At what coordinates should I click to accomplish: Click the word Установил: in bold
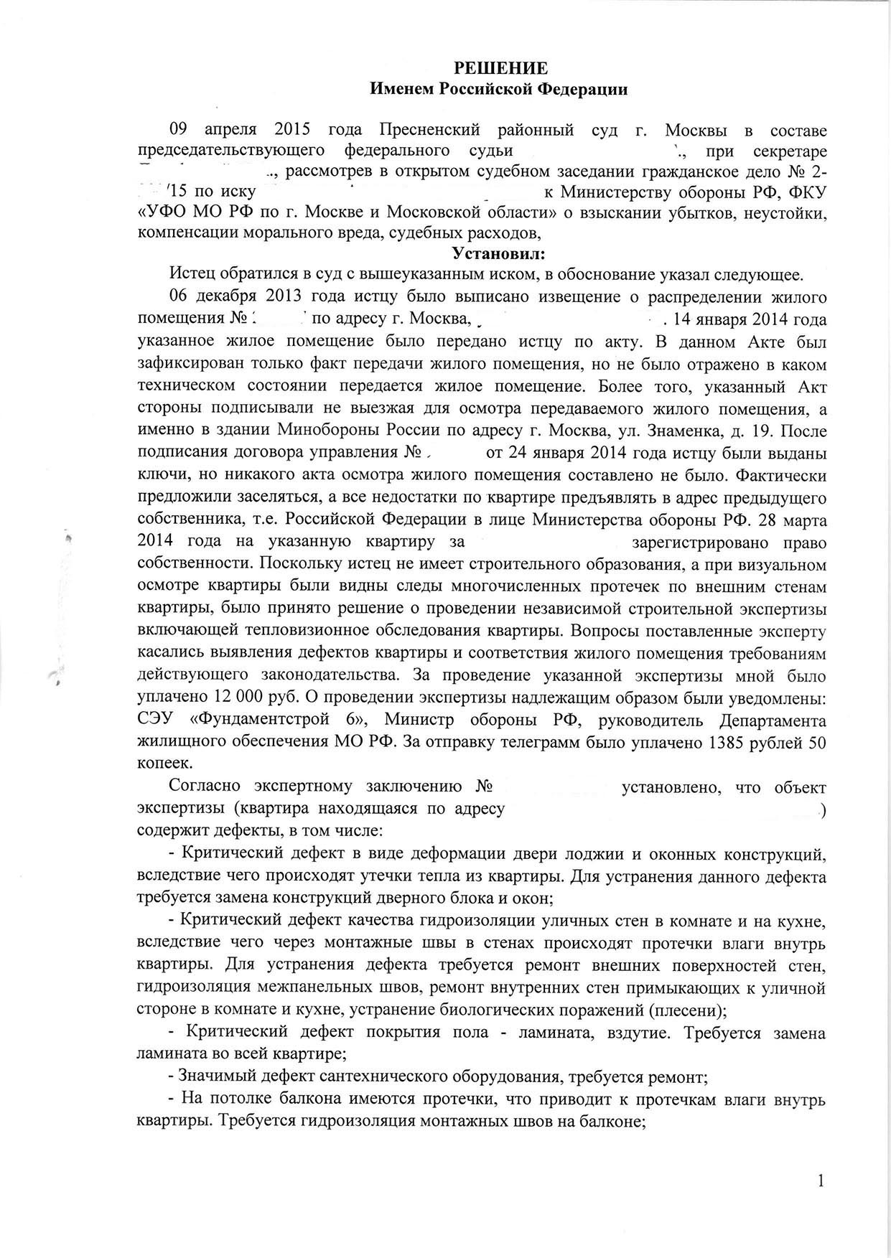[x=498, y=253]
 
